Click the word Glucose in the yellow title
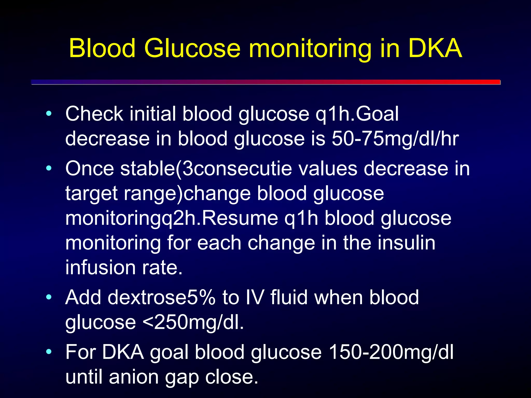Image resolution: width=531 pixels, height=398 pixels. (x=192, y=48)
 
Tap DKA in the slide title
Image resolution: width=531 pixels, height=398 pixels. (x=435, y=48)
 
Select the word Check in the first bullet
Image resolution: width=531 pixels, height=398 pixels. (x=94, y=114)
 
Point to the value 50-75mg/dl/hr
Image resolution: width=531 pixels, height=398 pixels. (x=395, y=139)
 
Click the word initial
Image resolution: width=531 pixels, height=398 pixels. (x=153, y=114)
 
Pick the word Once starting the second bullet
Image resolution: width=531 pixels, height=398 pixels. (x=89, y=169)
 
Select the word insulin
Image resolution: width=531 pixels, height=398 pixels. (x=406, y=243)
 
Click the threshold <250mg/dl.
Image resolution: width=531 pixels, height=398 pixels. (x=193, y=322)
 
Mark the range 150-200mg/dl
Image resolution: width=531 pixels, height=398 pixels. (x=391, y=352)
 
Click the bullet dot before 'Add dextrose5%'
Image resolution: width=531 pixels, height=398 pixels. (x=48, y=297)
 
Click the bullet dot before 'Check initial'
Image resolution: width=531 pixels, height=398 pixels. (x=48, y=113)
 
